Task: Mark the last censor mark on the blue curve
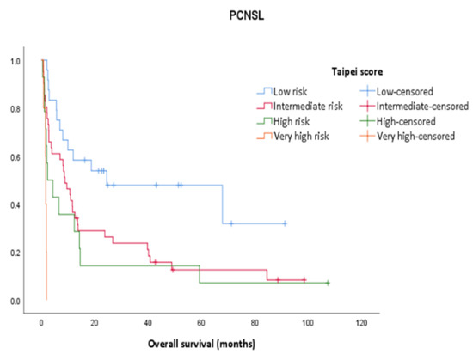(285, 223)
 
